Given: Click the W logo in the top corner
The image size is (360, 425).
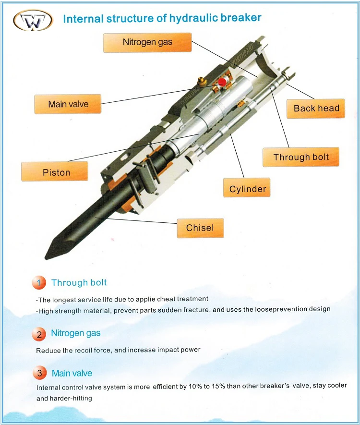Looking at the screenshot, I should coord(32,20).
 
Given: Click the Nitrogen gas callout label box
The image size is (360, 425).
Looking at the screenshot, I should coord(147,42).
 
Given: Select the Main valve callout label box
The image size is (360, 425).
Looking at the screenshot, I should coord(68,104).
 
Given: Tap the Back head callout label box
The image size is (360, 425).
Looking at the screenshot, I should coord(316,109).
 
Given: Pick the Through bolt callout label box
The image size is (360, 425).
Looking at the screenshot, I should coord(301,157).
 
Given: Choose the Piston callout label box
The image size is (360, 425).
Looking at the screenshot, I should coord(56,172).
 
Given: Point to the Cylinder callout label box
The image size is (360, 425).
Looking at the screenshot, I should coord(247,189).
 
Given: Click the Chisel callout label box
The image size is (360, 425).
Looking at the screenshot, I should coord(200,228).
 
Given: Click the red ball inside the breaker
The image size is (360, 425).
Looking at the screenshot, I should coord(222,83).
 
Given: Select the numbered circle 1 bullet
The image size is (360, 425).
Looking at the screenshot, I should coord(39,283).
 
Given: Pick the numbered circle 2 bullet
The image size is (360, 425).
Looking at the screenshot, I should coord(39,334).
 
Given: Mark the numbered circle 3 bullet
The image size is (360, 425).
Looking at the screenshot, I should coord(39,373).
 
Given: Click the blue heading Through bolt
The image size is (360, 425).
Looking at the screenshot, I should coord(79,282).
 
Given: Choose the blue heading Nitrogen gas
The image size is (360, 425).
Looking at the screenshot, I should coord(76,333).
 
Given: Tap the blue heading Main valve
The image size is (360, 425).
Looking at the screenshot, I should coord(72,373).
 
